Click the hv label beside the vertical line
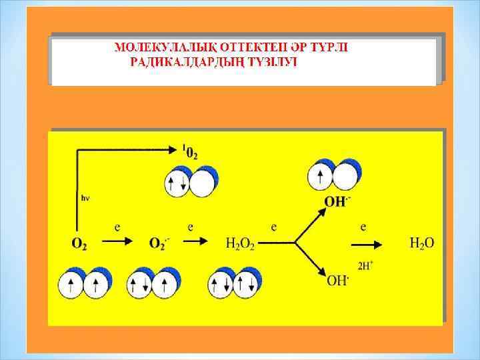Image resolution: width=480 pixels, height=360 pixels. coord(85,198)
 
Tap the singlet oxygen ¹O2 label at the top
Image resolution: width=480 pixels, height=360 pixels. coord(190,151)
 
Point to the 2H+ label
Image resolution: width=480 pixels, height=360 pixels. coord(365,265)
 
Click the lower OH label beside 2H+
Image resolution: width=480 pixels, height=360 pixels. coord(337,280)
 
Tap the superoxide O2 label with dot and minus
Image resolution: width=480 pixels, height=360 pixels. coord(159,244)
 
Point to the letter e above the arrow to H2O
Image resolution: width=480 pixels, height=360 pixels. coord(363,227)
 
